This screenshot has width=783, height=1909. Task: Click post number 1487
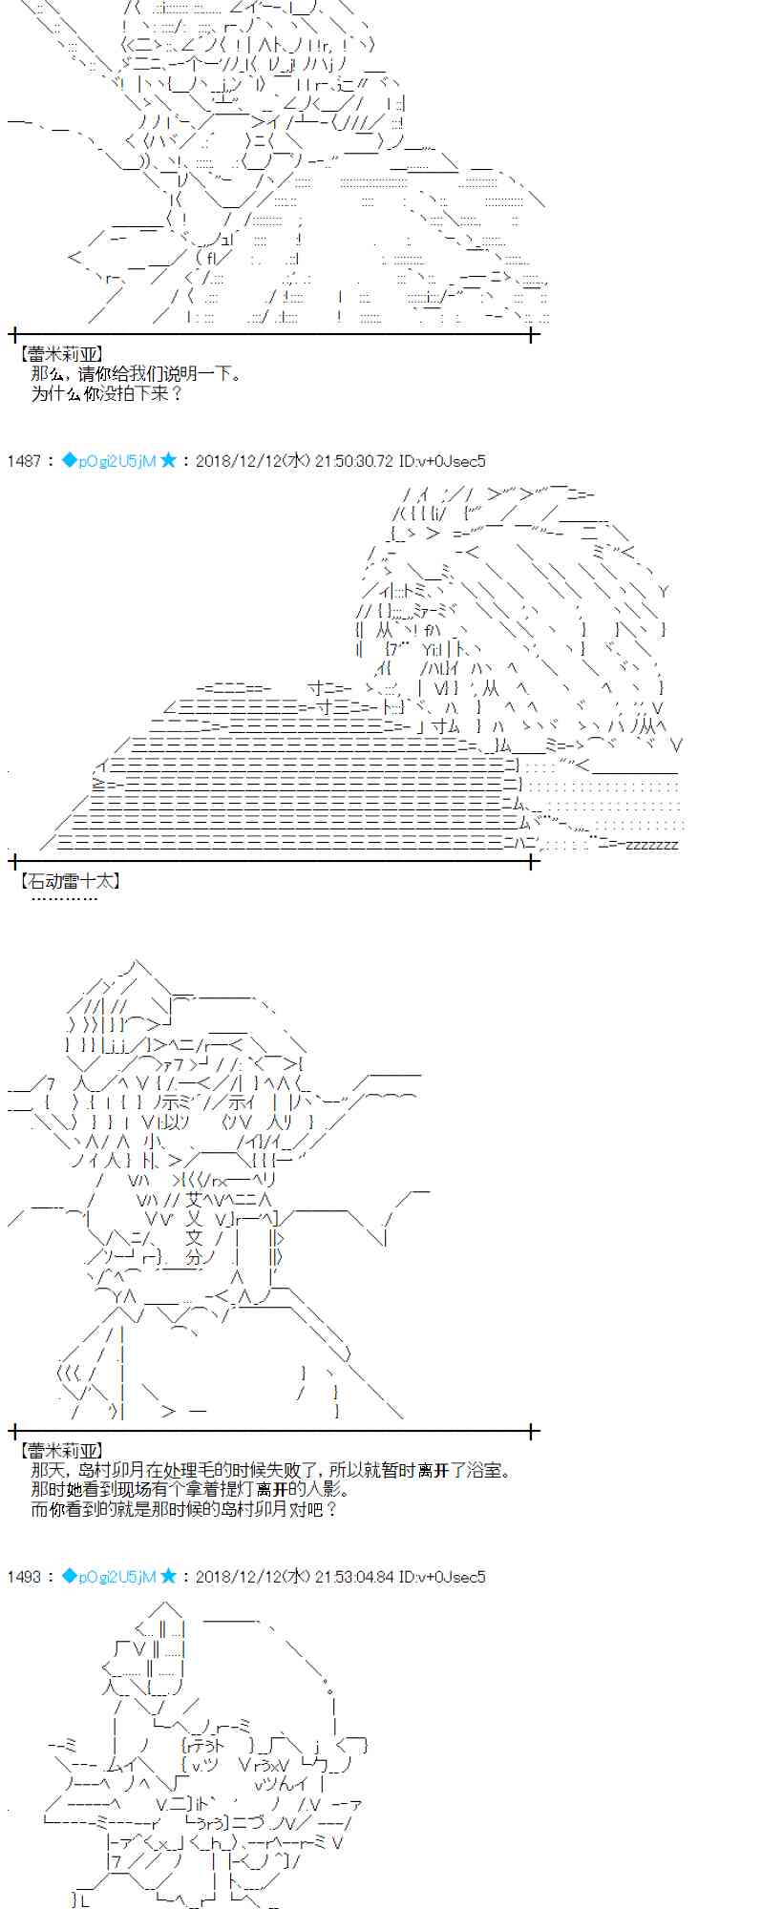click(x=23, y=461)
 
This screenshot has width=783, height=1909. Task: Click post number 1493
click(x=23, y=1577)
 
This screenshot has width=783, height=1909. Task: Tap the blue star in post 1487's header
click(x=168, y=460)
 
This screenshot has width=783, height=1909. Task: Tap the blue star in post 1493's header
click(x=168, y=1576)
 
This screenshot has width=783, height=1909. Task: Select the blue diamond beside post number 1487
click(x=69, y=460)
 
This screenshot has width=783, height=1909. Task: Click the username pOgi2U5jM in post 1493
click(x=116, y=1577)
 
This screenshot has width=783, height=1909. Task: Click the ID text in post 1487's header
click(x=442, y=461)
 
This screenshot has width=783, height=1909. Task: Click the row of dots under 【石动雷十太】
click(x=64, y=898)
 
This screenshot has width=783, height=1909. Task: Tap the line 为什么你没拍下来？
click(x=106, y=392)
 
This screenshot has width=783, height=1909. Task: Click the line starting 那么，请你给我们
click(x=136, y=373)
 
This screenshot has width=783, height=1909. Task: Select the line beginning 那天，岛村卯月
click(x=270, y=1471)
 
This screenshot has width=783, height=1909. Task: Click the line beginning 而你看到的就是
click(x=184, y=1509)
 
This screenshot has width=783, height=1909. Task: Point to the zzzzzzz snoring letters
click(x=649, y=845)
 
